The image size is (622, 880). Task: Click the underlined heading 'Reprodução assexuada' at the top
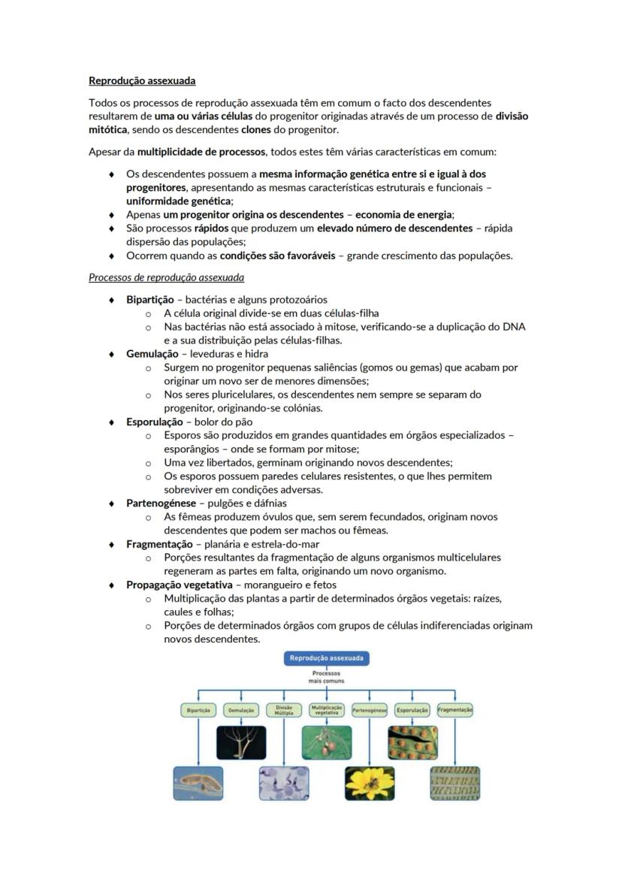click(142, 80)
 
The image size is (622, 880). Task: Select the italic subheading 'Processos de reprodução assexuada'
click(166, 277)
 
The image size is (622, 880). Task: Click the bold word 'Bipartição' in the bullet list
click(149, 299)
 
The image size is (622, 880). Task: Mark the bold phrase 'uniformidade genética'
click(178, 201)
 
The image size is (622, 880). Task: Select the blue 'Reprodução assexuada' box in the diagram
click(326, 658)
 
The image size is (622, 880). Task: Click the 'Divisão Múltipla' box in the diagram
click(284, 710)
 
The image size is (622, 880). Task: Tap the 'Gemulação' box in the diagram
click(241, 710)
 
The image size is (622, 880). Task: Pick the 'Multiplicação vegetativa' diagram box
click(327, 710)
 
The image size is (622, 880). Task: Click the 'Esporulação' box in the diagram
click(412, 710)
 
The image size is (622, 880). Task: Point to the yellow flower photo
click(370, 782)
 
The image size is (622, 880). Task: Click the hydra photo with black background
click(241, 742)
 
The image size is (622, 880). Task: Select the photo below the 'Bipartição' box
click(198, 782)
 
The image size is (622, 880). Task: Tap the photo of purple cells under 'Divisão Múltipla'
click(284, 782)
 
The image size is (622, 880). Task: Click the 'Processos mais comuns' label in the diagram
click(326, 677)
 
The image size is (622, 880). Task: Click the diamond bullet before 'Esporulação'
click(111, 422)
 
